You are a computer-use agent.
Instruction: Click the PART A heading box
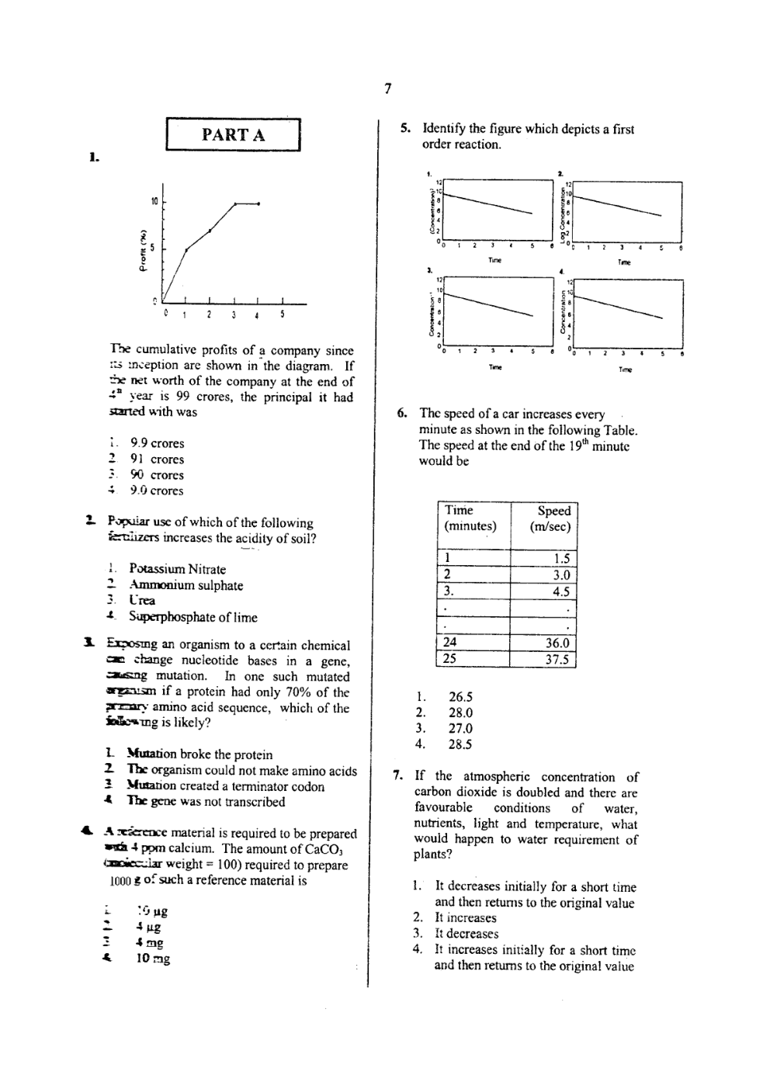(233, 134)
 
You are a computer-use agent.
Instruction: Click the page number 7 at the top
(387, 88)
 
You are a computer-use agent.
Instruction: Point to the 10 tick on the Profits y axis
(154, 201)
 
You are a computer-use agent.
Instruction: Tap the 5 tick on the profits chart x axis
(283, 314)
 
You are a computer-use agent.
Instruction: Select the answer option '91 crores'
(158, 459)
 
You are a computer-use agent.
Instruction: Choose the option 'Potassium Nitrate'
(177, 569)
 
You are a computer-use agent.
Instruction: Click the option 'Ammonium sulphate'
(186, 585)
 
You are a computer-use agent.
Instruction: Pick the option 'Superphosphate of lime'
(192, 617)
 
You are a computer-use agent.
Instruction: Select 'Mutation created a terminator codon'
(225, 786)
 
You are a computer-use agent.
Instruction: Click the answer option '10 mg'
(153, 958)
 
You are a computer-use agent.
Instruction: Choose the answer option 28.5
(460, 744)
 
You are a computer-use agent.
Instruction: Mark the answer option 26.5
(460, 697)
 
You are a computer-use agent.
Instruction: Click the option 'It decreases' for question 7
(467, 934)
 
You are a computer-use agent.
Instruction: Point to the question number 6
(401, 414)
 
